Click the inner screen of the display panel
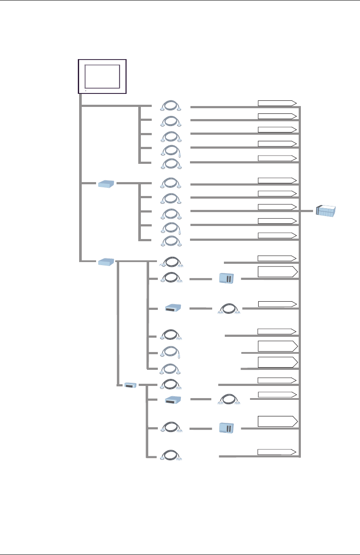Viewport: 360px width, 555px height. click(102, 76)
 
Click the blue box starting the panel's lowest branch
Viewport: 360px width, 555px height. click(106, 262)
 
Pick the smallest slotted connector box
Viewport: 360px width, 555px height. click(130, 385)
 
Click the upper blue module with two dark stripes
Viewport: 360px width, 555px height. click(227, 278)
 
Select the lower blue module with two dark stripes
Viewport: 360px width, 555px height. click(227, 428)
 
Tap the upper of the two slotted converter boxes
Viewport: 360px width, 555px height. click(171, 308)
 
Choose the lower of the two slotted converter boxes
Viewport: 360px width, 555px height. click(171, 400)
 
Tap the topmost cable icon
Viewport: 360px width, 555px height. click(171, 106)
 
